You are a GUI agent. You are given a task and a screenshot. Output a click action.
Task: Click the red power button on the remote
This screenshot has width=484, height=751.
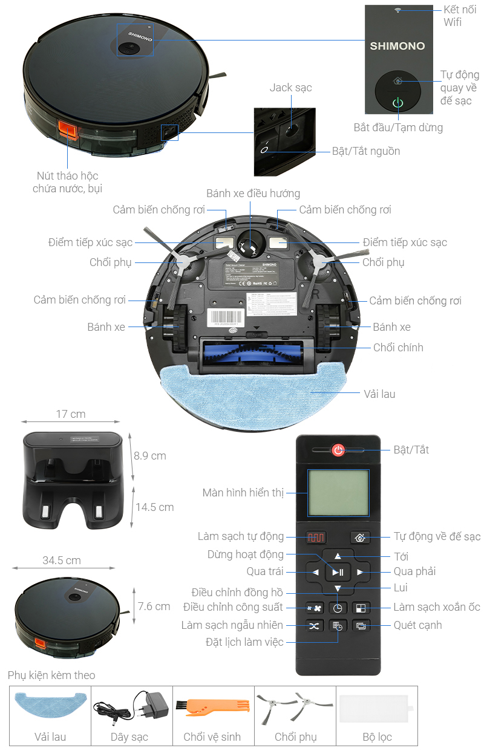(x=338, y=450)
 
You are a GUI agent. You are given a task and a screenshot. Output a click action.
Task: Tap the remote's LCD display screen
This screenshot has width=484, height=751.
(x=338, y=493)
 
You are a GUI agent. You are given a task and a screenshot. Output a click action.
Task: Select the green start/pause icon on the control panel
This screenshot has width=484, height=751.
(x=397, y=103)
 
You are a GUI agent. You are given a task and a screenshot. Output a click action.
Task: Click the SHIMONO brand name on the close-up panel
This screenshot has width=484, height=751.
(x=397, y=46)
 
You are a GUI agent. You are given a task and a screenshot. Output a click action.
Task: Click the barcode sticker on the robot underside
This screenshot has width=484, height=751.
(x=227, y=317)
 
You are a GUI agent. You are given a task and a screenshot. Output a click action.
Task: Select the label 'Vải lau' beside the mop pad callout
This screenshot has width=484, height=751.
(x=379, y=394)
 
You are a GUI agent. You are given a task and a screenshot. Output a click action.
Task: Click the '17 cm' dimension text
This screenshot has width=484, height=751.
(x=71, y=414)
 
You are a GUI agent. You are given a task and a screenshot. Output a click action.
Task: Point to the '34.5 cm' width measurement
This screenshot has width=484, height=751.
(x=61, y=561)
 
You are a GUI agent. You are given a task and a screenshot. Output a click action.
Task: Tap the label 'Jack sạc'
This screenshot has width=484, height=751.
(x=290, y=88)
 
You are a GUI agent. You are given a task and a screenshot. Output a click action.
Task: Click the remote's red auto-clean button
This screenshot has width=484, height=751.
(x=315, y=537)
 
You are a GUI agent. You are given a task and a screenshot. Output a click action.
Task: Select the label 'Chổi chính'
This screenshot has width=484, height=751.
(x=398, y=347)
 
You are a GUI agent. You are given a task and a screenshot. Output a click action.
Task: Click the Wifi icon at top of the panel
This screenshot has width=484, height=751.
(x=397, y=10)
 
